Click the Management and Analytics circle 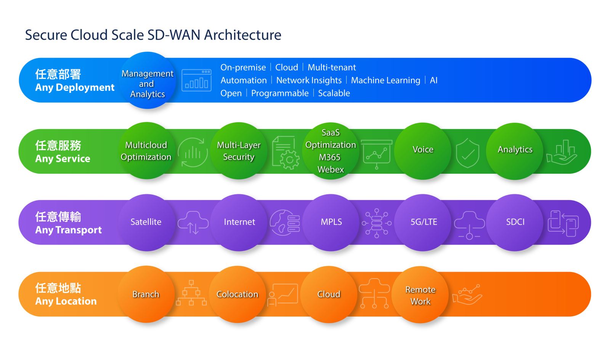pos(147,80)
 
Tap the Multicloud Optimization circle pos(146,150)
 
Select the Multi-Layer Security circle pos(239,150)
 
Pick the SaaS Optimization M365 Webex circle pos(331,151)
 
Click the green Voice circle pos(423,151)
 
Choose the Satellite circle pos(146,222)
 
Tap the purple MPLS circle pos(331,222)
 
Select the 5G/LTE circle pos(423,222)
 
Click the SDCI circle pos(515,222)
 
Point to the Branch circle pos(146,294)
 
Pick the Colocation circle pos(237,294)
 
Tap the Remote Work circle pos(420,294)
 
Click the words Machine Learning pos(385,80)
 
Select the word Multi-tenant pos(331,67)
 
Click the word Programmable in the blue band pos(280,93)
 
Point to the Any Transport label pos(68,230)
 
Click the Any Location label pos(66,301)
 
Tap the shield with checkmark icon pos(467,153)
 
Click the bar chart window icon pos(196,80)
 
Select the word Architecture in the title pos(242,35)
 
